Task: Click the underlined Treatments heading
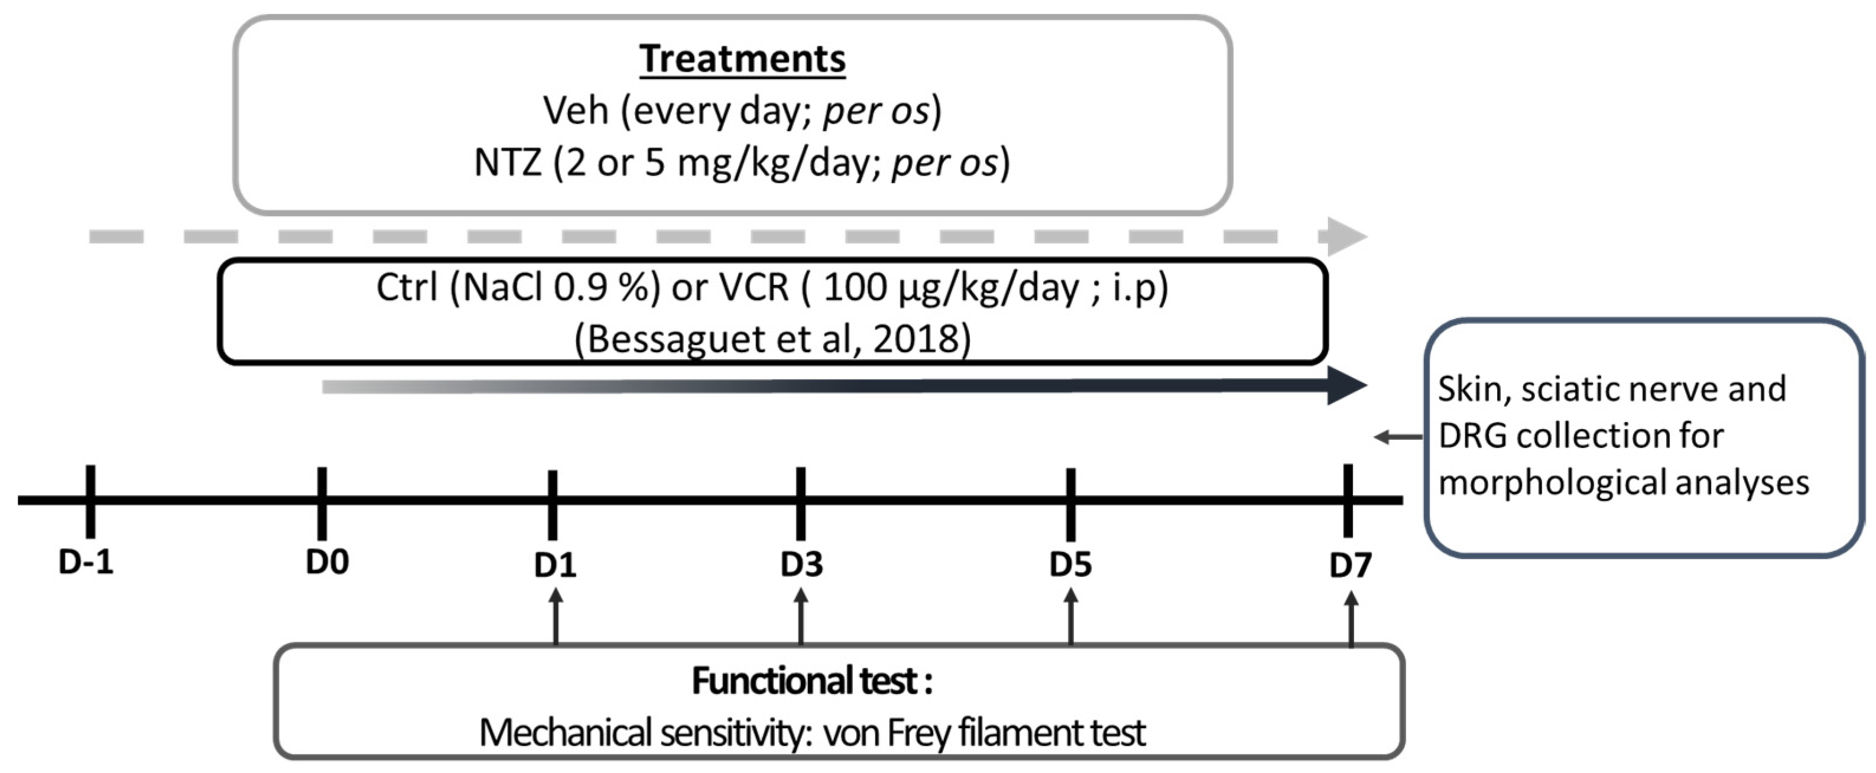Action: point(742,59)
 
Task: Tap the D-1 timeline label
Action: point(86,562)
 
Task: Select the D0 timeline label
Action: point(327,562)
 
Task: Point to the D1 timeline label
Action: point(555,566)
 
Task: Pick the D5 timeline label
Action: point(1070,565)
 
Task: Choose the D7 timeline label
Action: point(1350,566)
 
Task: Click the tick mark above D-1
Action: point(90,501)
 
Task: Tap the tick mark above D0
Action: point(322,502)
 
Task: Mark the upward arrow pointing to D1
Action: point(556,615)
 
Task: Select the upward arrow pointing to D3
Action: point(801,615)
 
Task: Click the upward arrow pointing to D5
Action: point(1070,615)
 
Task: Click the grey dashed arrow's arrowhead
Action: point(1346,236)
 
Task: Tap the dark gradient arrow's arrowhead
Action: point(1346,386)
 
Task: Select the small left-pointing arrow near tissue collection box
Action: point(1397,437)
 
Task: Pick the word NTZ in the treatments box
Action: point(508,163)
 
